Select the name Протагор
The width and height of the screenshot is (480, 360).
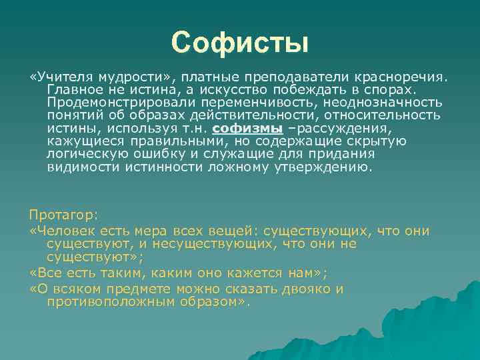[x=63, y=215]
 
